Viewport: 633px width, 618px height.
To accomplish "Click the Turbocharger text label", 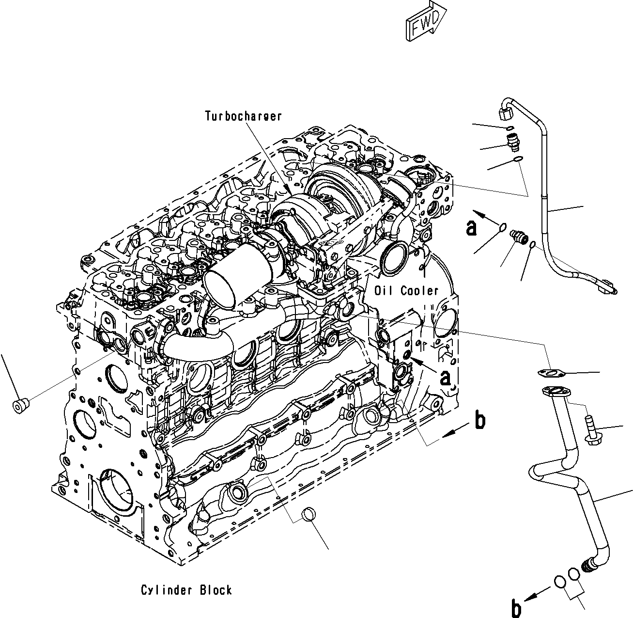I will point(243,116).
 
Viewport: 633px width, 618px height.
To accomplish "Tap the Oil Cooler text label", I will point(406,290).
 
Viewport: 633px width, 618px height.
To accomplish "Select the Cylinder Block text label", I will point(186,590).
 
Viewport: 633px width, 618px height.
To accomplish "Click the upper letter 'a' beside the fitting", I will point(471,227).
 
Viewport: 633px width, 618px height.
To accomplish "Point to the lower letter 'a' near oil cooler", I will point(446,378).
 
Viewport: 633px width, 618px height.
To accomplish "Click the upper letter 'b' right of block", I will point(479,421).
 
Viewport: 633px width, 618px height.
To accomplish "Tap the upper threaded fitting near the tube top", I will point(511,140).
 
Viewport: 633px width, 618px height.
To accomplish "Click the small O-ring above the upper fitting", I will point(509,127).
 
